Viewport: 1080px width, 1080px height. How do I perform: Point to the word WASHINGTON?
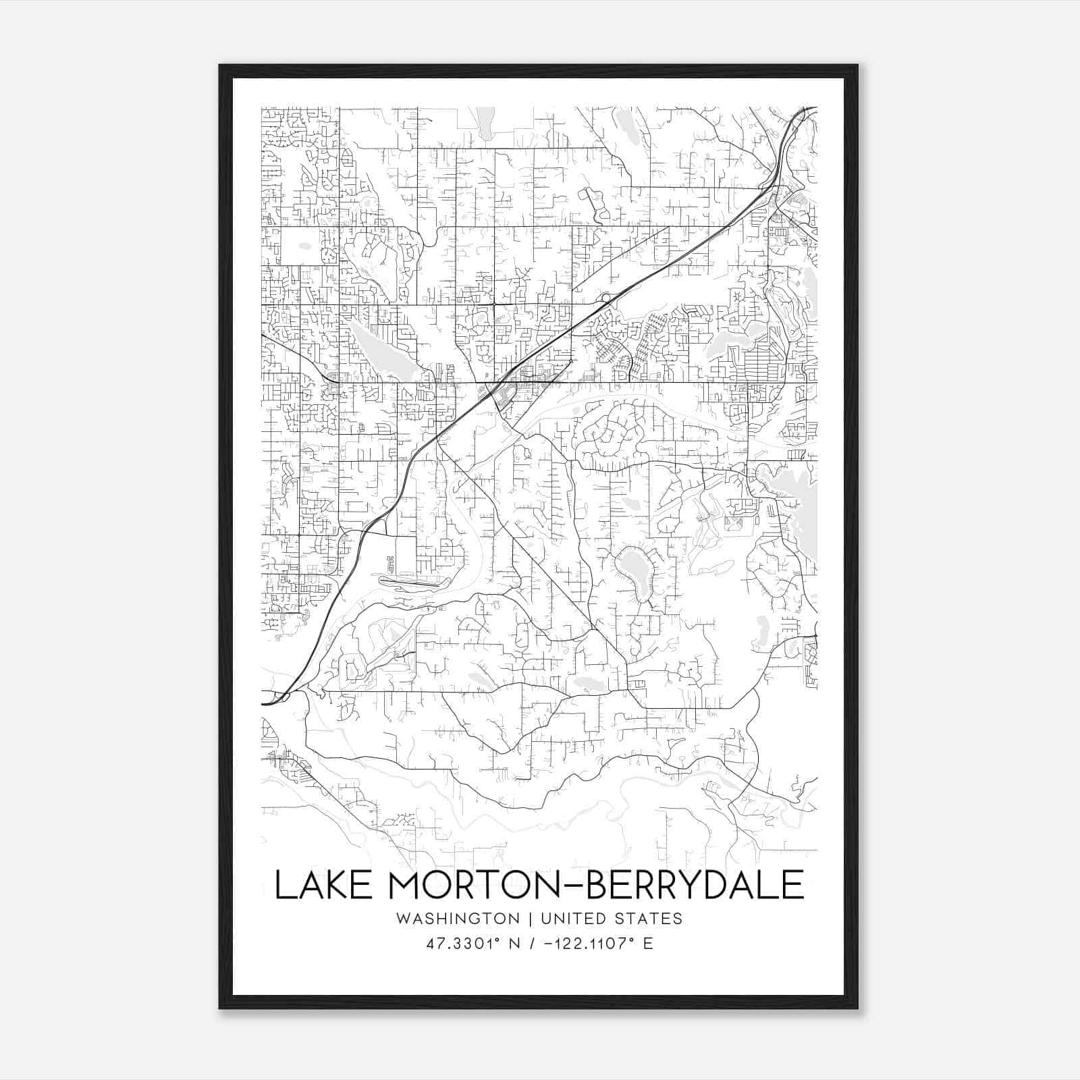pos(458,919)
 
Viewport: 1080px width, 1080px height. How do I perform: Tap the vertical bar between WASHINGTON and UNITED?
pos(531,919)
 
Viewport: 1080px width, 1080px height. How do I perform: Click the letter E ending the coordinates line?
pos(648,943)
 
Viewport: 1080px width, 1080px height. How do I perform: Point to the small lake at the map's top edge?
pos(485,122)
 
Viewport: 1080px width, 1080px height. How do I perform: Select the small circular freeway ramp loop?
pos(605,298)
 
